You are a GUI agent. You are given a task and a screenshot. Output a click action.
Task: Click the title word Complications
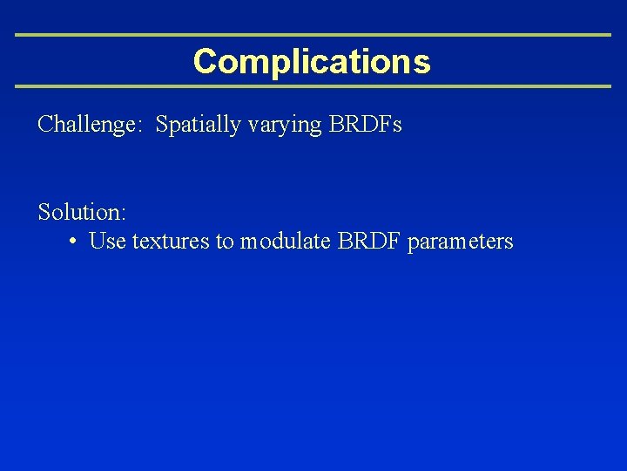click(312, 61)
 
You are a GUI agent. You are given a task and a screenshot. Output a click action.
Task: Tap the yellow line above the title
click(313, 35)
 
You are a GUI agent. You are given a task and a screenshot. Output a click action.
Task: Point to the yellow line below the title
click(313, 86)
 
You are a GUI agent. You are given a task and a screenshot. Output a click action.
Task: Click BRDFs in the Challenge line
click(365, 125)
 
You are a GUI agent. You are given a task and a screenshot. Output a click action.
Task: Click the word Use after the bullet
click(108, 241)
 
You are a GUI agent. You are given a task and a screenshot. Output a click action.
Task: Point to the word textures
click(172, 241)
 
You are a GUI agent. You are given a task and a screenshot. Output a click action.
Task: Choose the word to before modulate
click(226, 241)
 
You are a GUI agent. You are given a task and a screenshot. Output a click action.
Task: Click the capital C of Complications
click(204, 61)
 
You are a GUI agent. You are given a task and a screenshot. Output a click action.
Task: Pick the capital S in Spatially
click(162, 125)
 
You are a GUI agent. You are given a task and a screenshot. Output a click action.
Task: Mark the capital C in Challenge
click(45, 125)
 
